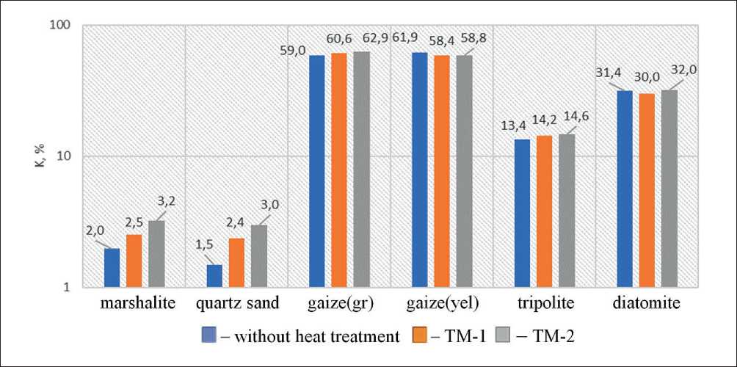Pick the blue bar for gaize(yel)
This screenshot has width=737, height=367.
pyautogui.click(x=419, y=169)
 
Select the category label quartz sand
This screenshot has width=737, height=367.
pyautogui.click(x=236, y=303)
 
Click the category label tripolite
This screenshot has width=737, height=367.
pyautogui.click(x=544, y=303)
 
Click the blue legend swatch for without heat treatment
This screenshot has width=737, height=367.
pyautogui.click(x=208, y=335)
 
